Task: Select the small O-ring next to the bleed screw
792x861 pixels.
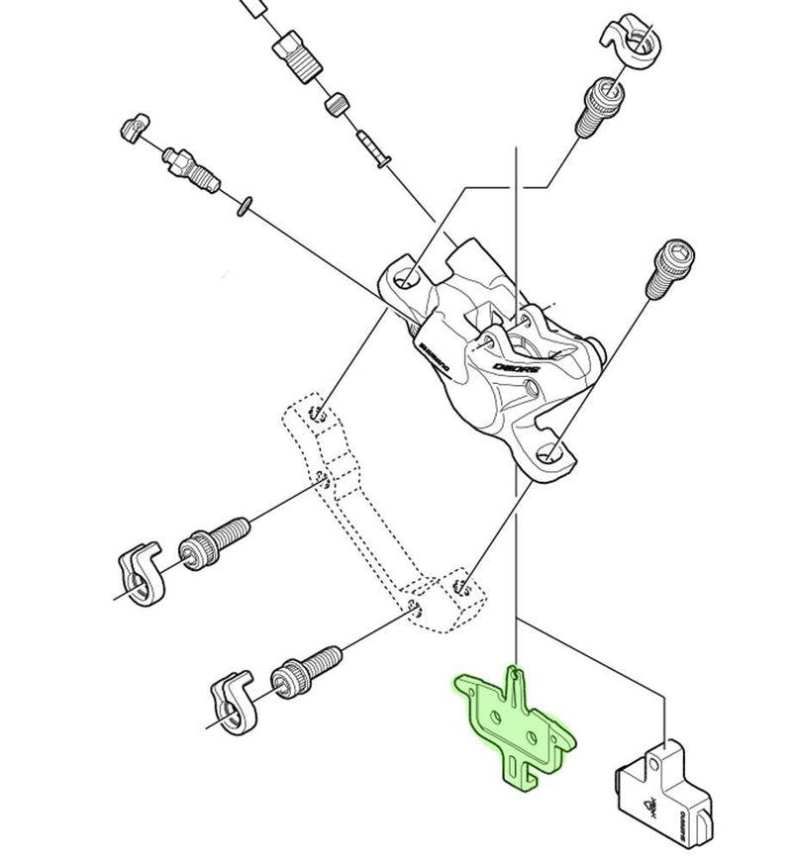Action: coord(243,208)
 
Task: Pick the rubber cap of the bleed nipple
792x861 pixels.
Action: coord(133,130)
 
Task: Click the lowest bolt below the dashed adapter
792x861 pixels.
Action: coord(309,669)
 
